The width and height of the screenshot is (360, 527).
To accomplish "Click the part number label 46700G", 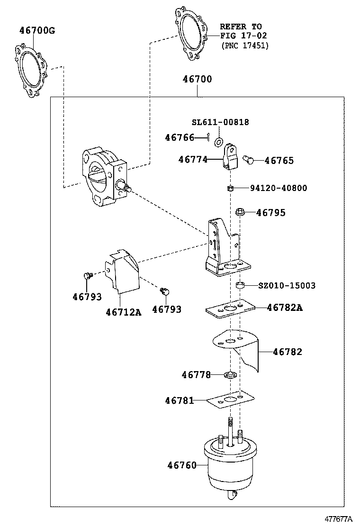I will (37, 31).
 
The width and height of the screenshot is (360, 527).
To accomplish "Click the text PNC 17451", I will (245, 45).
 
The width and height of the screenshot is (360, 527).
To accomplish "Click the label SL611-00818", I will (220, 122).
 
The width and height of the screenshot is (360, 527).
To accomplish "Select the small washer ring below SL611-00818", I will (219, 141).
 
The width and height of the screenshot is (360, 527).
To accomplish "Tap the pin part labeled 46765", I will (248, 161).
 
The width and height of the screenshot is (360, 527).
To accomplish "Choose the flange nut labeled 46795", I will (240, 212).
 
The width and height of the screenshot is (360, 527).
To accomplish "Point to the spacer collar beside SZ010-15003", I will (240, 286).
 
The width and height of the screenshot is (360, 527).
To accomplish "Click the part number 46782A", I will (284, 308).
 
